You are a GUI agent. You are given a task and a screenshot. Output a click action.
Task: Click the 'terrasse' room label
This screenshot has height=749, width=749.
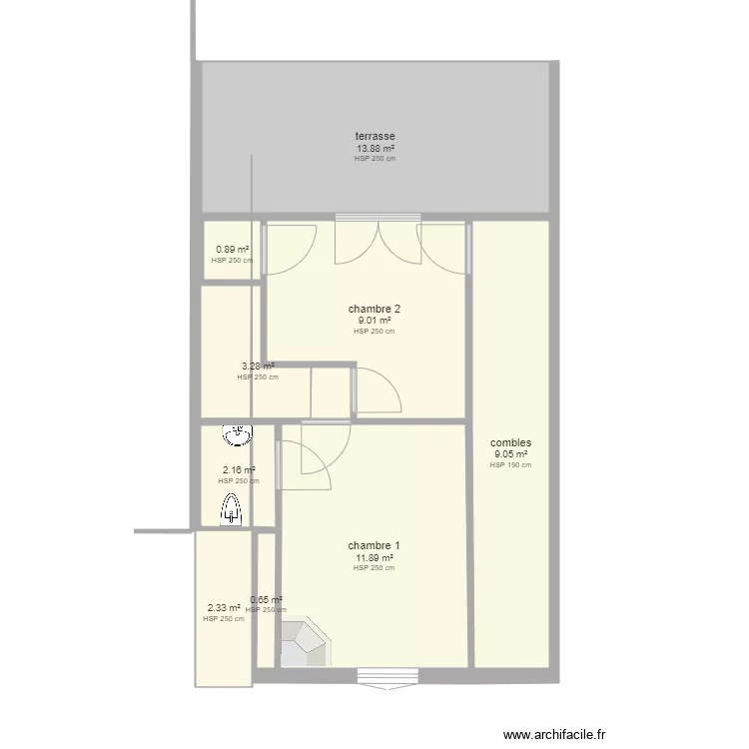[374, 136]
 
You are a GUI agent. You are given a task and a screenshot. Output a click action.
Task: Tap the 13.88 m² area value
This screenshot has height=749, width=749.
[374, 148]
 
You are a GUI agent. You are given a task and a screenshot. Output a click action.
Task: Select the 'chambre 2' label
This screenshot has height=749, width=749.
[374, 309]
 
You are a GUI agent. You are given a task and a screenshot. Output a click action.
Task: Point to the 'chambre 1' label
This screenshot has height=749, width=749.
[374, 545]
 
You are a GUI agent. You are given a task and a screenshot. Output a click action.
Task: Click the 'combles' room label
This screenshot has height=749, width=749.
[510, 442]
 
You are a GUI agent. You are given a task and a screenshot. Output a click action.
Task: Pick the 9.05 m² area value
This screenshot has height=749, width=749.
[510, 454]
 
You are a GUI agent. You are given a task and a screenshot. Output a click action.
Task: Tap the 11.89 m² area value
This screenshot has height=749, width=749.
[374, 557]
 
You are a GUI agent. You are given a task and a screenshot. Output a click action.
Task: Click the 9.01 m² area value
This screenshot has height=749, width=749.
[374, 321]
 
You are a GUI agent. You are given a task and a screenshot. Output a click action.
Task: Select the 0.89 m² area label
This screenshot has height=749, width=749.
[232, 250]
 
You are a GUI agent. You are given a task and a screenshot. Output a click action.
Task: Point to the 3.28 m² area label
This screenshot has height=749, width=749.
[258, 367]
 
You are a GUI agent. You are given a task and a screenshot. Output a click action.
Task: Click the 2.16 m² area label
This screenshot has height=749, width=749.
[238, 470]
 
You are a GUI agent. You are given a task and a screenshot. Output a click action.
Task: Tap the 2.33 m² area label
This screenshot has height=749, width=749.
[224, 607]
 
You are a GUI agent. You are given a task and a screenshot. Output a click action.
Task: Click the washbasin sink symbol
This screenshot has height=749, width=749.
[238, 435]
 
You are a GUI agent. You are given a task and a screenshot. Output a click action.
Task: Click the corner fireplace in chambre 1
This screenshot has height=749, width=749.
[304, 644]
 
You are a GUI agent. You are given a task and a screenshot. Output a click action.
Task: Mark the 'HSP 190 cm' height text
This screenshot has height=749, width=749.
[510, 464]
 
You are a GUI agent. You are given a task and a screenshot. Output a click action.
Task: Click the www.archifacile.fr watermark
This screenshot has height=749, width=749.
[554, 734]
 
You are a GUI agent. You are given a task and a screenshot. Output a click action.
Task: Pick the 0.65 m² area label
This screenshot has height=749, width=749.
[266, 600]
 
